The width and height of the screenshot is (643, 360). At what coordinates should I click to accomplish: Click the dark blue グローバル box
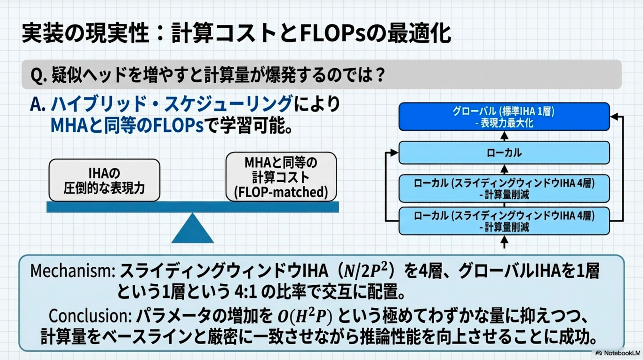(504, 117)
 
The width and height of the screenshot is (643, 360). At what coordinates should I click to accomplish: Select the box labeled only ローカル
(504, 153)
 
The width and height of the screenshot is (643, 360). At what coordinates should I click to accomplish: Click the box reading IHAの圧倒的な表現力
(104, 180)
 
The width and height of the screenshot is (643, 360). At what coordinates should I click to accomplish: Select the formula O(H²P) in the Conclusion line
(305, 317)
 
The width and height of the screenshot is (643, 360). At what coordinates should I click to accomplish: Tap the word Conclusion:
(90, 316)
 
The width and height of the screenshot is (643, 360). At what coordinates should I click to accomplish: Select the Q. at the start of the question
(39, 75)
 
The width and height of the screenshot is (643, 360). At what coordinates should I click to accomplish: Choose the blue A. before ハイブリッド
(38, 105)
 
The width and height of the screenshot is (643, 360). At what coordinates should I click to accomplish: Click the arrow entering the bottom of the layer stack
(504, 242)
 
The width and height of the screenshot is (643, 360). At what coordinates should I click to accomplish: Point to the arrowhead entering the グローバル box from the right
(614, 117)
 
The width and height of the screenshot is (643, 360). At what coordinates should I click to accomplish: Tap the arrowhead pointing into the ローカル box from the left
(394, 153)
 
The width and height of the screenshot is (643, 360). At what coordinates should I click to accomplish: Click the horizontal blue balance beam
(192, 207)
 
